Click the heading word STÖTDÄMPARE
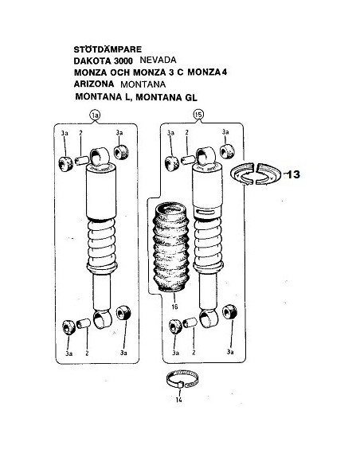coord(108,49)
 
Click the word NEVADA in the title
coord(158,60)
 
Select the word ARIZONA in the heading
coord(94,84)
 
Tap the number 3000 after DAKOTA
coord(123,61)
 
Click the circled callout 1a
coord(96,115)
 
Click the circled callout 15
coord(198,114)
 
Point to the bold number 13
coord(294,174)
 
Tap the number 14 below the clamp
coord(178,400)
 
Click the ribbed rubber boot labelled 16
coord(170,247)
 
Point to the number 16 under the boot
coord(174,307)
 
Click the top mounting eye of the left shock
coord(100,156)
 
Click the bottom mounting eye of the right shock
coord(209,318)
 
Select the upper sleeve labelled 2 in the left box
coord(81,160)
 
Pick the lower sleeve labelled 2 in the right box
coord(190,322)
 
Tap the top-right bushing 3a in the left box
coord(121,152)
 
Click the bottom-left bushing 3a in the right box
coord(175,326)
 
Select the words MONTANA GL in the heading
coord(166,97)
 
